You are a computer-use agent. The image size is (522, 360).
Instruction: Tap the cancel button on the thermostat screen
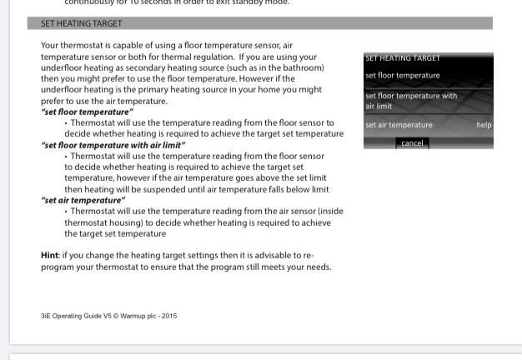[412, 143]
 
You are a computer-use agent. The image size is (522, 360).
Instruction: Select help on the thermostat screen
[484, 125]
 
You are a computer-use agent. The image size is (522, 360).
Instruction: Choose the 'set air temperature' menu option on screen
[399, 125]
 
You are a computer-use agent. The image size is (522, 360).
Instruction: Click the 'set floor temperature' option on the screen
[402, 76]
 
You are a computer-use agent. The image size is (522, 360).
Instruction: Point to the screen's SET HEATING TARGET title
[403, 58]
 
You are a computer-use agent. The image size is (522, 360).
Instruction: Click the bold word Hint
[49, 256]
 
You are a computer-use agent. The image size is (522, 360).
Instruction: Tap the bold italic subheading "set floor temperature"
[87, 112]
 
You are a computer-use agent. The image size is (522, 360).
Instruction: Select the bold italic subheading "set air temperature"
[83, 200]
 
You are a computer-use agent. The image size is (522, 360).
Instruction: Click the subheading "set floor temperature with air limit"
[113, 145]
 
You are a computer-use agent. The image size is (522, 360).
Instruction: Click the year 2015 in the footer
[169, 316]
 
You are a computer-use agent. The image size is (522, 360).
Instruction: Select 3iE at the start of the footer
[47, 316]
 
